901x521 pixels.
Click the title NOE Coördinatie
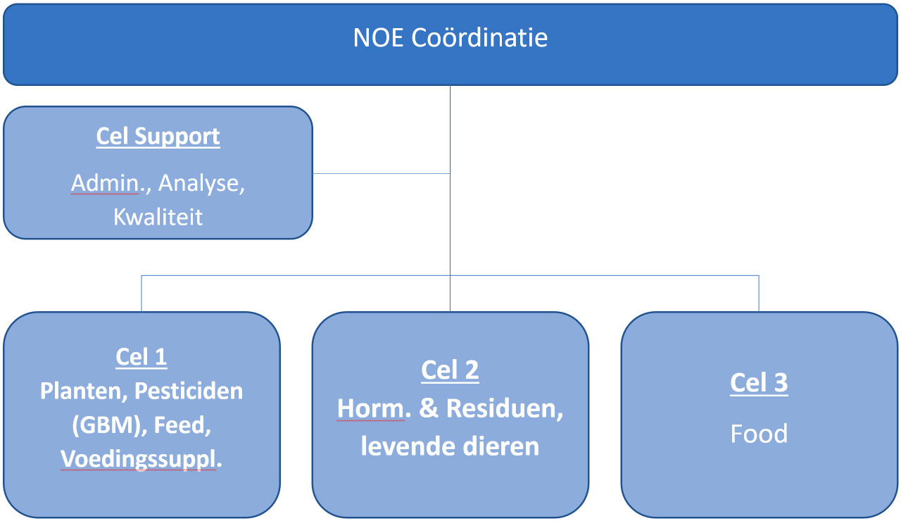(x=450, y=37)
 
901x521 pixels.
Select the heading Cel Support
(x=158, y=136)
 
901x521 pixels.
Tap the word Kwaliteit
(x=158, y=218)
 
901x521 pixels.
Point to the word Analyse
(x=201, y=184)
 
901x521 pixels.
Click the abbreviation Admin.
(x=108, y=183)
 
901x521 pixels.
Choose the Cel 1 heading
(x=141, y=357)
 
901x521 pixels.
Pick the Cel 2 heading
(x=450, y=370)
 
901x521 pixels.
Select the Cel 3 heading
(x=759, y=382)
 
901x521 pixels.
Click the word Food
(x=759, y=434)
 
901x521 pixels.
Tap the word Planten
(x=84, y=391)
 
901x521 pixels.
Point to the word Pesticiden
(x=189, y=391)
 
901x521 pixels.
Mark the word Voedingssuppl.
(x=141, y=460)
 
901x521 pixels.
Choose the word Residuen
(x=505, y=409)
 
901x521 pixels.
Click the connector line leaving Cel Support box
(x=382, y=174)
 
